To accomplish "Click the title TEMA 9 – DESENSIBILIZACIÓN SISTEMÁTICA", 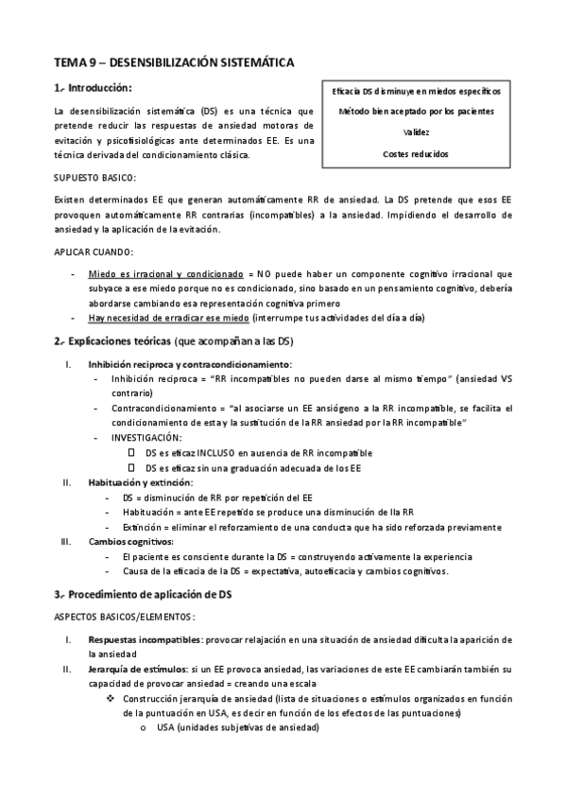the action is click(x=174, y=61).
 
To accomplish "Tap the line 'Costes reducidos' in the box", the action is click(x=415, y=153).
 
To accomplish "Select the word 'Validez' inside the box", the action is click(x=415, y=132).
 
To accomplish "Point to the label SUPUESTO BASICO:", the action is click(x=94, y=177).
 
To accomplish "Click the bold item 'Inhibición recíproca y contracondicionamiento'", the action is click(x=190, y=364).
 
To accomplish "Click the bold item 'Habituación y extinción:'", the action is click(x=139, y=482).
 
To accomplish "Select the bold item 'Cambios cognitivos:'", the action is click(x=130, y=542).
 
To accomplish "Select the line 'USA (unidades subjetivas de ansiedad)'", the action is click(x=238, y=727).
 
